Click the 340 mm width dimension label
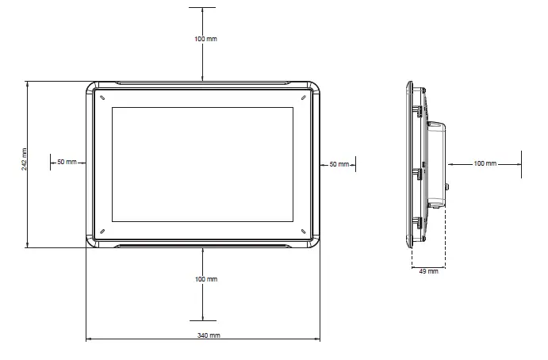[x=203, y=335]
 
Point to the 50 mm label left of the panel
[x=67, y=163]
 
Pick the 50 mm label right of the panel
[x=339, y=164]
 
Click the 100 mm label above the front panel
[x=205, y=39]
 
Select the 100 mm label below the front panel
[x=205, y=279]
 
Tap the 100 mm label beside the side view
[x=485, y=163]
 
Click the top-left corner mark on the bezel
[x=102, y=97]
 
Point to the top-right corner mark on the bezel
[x=303, y=97]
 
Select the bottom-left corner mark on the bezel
[x=102, y=231]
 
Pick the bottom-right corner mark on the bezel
[x=303, y=231]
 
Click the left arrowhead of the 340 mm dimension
[x=88, y=341]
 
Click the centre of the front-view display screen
[x=203, y=164]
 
